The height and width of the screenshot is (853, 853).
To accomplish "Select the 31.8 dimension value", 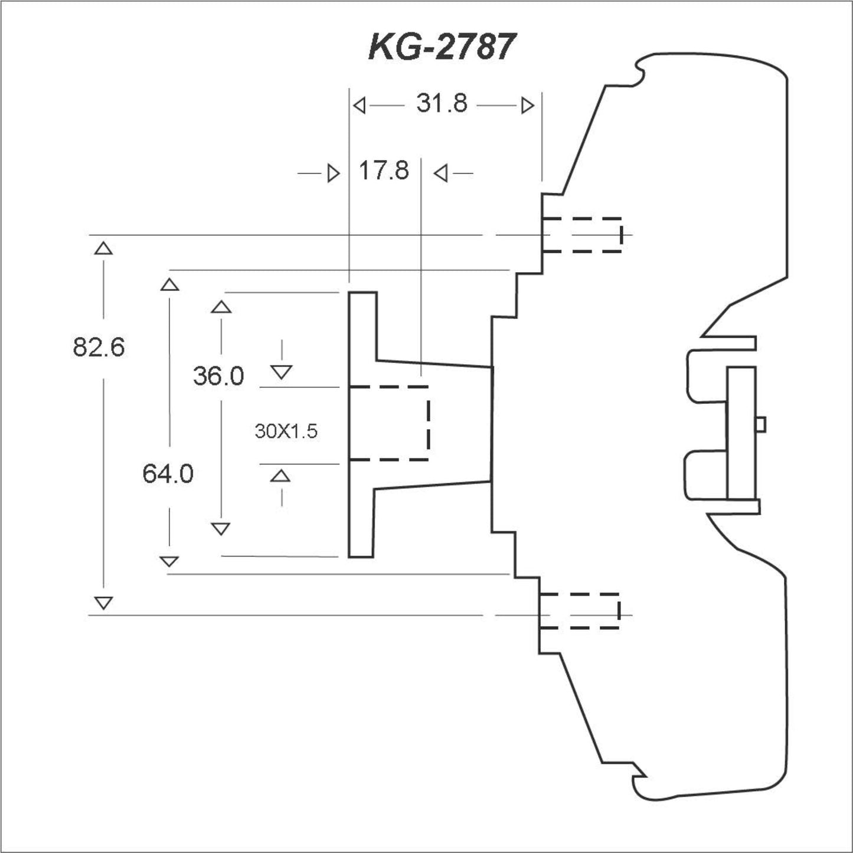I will coord(442,104).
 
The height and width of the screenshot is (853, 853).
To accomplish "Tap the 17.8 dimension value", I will coord(384,172).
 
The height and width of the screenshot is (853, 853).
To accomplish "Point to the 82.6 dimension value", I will coord(99,347).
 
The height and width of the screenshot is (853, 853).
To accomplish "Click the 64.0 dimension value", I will coord(168,474).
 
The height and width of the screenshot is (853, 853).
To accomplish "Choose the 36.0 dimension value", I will coord(218,376).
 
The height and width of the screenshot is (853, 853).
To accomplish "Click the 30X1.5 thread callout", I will coord(286,432).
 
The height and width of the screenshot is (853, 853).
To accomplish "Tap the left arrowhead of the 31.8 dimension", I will coord(359,106).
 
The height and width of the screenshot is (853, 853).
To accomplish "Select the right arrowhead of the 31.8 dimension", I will coord(528,106).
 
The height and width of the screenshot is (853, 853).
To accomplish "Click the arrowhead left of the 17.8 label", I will coord(334,174).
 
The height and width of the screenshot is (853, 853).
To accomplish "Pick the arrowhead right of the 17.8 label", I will coord(440,174).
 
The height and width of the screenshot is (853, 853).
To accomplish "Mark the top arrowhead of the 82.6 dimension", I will coord(103,248).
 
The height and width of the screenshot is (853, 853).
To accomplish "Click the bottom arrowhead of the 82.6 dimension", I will coord(103,603).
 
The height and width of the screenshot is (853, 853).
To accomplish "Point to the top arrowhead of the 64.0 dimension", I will coord(169,285).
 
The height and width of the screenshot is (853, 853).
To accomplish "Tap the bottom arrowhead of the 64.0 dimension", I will coord(169,561).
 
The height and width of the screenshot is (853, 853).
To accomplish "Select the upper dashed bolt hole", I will coord(582,235).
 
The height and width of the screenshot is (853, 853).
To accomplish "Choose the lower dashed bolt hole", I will coord(580,610).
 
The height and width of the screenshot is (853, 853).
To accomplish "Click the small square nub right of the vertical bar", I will coord(761,424).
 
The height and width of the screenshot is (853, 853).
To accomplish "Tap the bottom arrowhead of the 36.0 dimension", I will coord(221,528).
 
